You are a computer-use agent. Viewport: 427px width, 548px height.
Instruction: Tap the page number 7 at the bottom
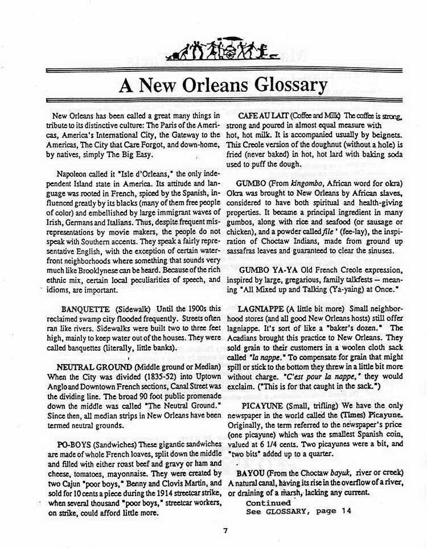[x=225, y=531]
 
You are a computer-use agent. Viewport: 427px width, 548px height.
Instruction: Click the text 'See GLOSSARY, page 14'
[x=299, y=512]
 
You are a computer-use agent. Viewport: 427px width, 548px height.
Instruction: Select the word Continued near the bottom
[x=268, y=503]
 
